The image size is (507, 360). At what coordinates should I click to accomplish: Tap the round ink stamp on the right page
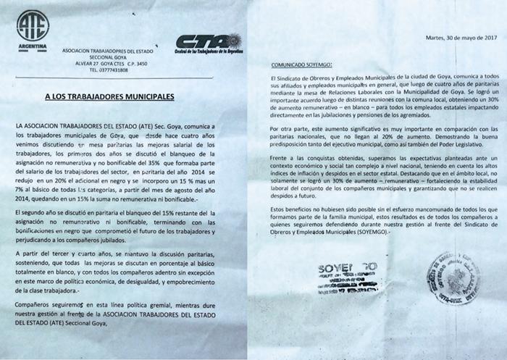[x=456, y=278]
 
